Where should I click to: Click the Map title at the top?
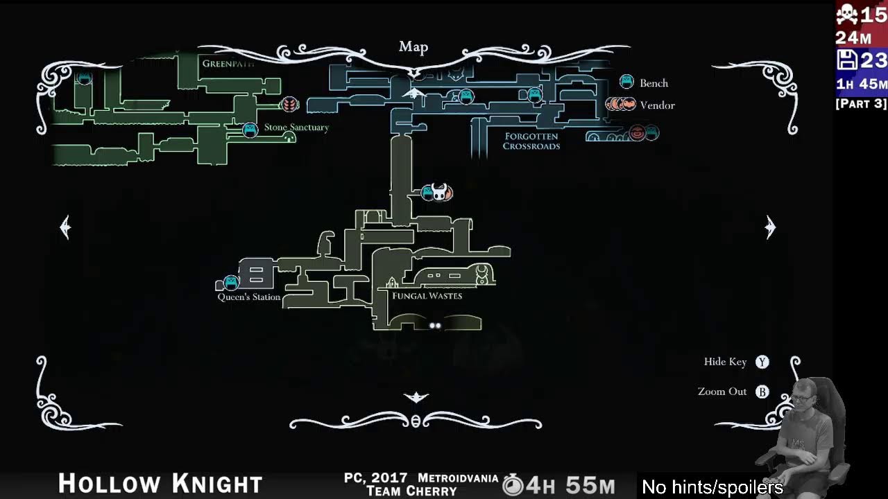pos(413,47)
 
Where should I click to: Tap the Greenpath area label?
pos(228,64)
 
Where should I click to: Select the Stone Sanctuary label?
pos(296,128)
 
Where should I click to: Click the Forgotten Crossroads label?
pos(531,141)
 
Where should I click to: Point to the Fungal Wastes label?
pos(427,296)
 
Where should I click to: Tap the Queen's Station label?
pos(249,297)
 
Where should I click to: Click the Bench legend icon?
pos(626,82)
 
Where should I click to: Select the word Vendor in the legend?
pos(657,105)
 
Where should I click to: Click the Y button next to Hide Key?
pos(762,362)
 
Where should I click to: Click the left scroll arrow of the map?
pos(65,227)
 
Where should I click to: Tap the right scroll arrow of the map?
pos(770,227)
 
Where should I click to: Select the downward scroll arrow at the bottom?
pos(416,396)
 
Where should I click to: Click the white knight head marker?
pos(439,191)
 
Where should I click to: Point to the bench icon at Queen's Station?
pos(231,282)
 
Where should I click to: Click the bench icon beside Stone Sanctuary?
pos(250,130)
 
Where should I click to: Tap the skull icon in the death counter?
pos(847,14)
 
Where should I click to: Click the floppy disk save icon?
pos(847,60)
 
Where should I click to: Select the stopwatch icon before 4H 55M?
pos(513,484)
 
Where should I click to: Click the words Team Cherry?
pos(411,491)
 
